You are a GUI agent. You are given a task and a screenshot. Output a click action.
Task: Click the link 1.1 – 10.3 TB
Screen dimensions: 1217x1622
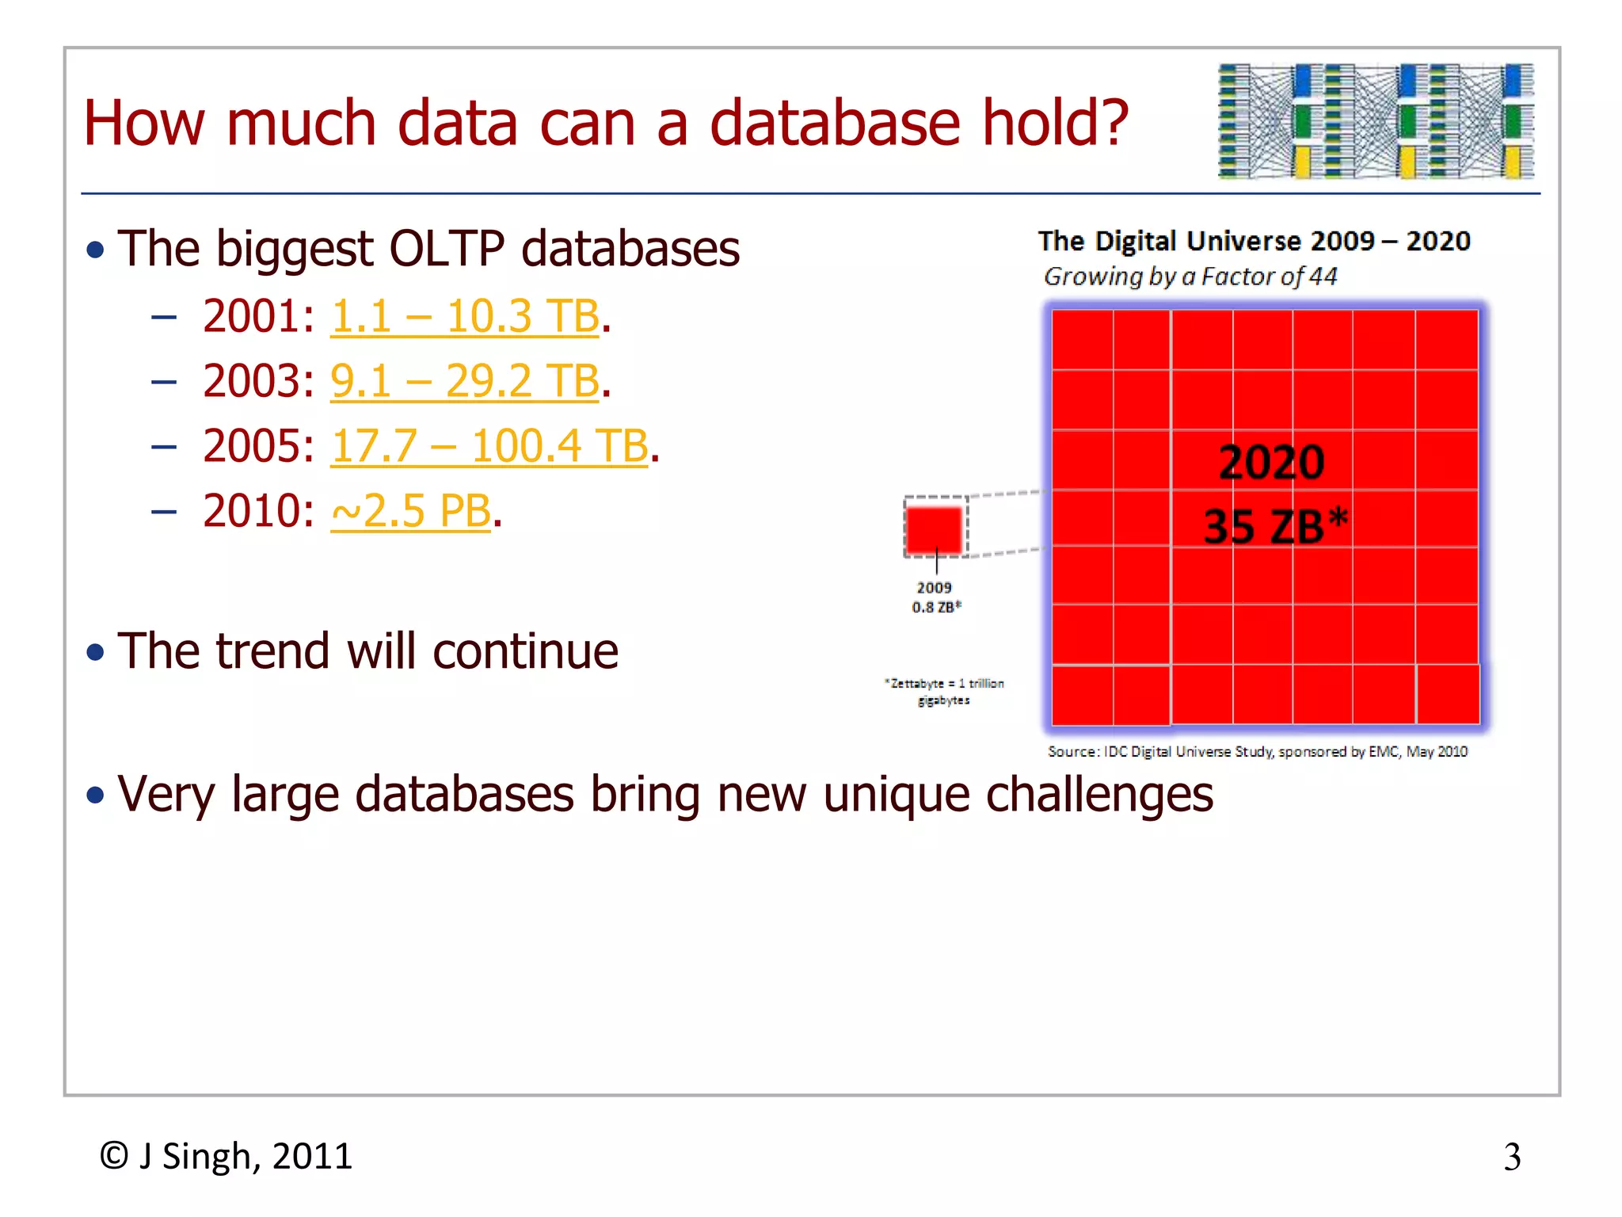point(464,316)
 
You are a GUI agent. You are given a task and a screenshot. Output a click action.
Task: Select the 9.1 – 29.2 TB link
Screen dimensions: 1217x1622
point(464,381)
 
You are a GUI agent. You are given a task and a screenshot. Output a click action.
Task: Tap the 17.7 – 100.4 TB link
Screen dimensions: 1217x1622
point(489,446)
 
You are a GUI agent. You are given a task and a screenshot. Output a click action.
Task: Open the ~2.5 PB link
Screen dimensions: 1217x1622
point(410,511)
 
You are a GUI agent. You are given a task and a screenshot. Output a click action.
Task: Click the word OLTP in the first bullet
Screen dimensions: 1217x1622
point(447,249)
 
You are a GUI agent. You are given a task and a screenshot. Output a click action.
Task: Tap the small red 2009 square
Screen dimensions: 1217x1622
point(935,528)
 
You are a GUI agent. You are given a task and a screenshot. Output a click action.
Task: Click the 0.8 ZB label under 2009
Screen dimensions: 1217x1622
point(936,607)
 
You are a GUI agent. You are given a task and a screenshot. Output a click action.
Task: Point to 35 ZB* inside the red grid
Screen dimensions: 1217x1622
point(1274,526)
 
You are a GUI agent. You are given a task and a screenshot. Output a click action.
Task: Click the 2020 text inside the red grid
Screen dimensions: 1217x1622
point(1271,463)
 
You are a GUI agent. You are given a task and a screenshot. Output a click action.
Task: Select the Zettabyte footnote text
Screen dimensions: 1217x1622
point(944,691)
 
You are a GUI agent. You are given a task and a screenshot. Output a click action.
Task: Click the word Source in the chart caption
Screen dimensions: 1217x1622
point(1073,751)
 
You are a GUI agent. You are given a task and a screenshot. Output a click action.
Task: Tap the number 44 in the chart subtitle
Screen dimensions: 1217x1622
point(1323,277)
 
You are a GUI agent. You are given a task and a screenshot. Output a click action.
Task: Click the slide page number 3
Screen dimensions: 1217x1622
point(1512,1158)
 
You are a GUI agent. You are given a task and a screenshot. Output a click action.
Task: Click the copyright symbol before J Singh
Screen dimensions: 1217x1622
point(114,1156)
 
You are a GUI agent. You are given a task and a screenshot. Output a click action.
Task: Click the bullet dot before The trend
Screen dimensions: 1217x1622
point(96,653)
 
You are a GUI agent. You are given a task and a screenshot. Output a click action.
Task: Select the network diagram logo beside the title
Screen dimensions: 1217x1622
point(1376,121)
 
